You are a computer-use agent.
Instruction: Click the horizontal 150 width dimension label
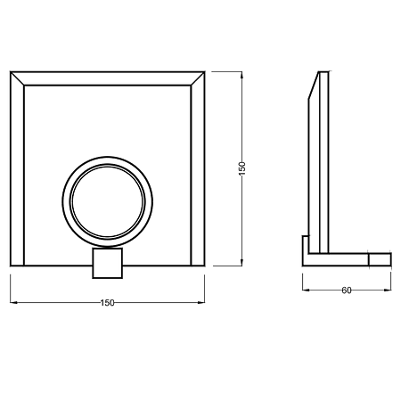point(107,303)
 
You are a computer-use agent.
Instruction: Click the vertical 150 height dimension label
point(242,168)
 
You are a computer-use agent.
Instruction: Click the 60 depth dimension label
point(347,291)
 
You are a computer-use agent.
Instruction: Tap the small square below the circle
point(108,263)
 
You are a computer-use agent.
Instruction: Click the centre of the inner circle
point(108,201)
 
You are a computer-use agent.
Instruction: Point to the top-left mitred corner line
point(17,78)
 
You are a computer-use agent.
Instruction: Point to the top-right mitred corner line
point(198,78)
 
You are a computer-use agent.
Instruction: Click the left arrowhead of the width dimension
point(13,303)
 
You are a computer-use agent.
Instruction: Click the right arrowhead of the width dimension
point(201,303)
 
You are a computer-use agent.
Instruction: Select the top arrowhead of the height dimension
point(241,75)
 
